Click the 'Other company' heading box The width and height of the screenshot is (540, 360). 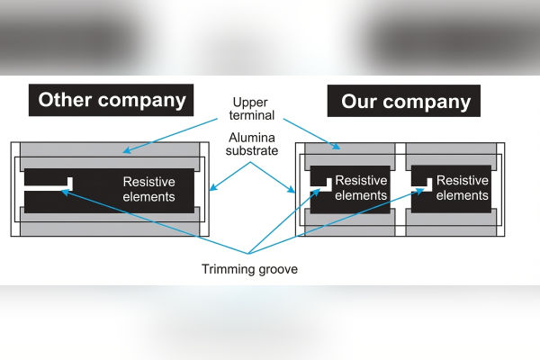pyautogui.click(x=112, y=100)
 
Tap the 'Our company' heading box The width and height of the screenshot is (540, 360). pyautogui.click(x=405, y=101)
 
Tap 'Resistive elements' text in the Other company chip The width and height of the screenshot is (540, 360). pyautogui.click(x=148, y=189)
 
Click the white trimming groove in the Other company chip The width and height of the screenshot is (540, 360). pyautogui.click(x=49, y=188)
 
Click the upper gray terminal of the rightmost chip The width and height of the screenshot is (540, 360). pyautogui.click(x=450, y=149)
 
